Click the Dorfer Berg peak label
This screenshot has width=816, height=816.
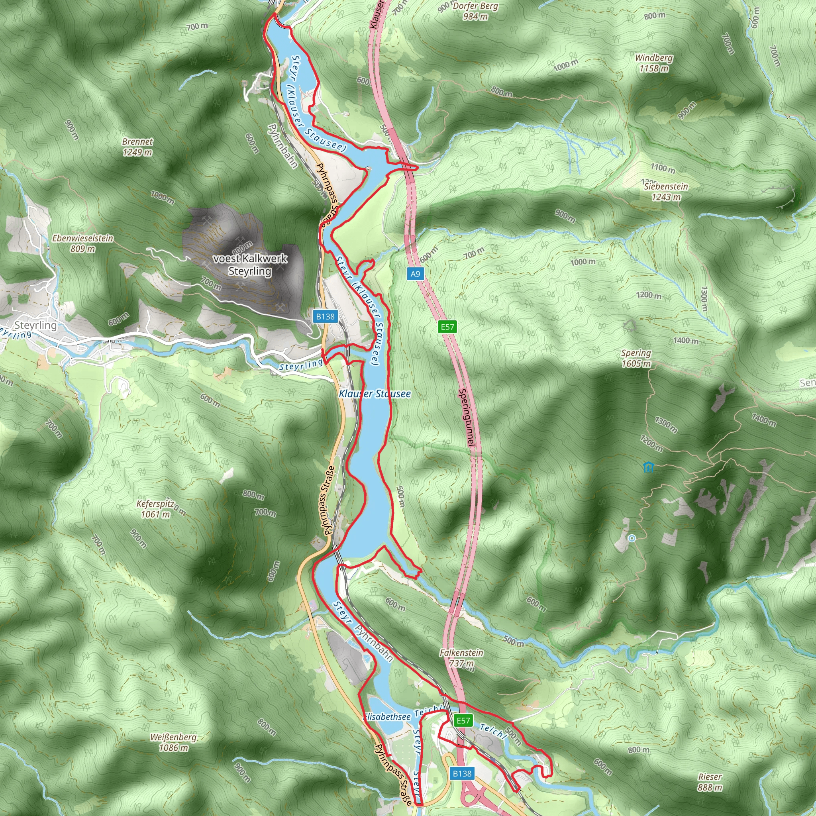point(475,12)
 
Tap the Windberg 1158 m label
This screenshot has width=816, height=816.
point(654,63)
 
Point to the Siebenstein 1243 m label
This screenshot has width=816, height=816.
point(666,192)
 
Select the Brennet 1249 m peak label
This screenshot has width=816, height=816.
point(138,147)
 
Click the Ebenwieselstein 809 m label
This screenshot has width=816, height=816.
point(83,243)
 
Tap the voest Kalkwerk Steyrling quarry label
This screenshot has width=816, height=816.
point(250,265)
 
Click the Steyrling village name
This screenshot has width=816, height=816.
point(35,325)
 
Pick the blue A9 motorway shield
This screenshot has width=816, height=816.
point(415,274)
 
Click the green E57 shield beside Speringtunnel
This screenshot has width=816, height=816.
point(447,326)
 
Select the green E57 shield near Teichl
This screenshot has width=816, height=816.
point(463,720)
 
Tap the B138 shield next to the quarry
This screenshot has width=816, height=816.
point(325,316)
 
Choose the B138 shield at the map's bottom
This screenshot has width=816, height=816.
point(462,773)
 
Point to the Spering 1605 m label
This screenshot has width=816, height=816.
point(636,358)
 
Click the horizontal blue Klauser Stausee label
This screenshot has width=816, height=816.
point(375,394)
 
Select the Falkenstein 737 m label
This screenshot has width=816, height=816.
point(462,657)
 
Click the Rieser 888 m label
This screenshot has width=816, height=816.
point(710,782)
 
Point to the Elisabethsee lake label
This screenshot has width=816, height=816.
point(387,717)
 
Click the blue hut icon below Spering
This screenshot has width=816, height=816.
point(648,467)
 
